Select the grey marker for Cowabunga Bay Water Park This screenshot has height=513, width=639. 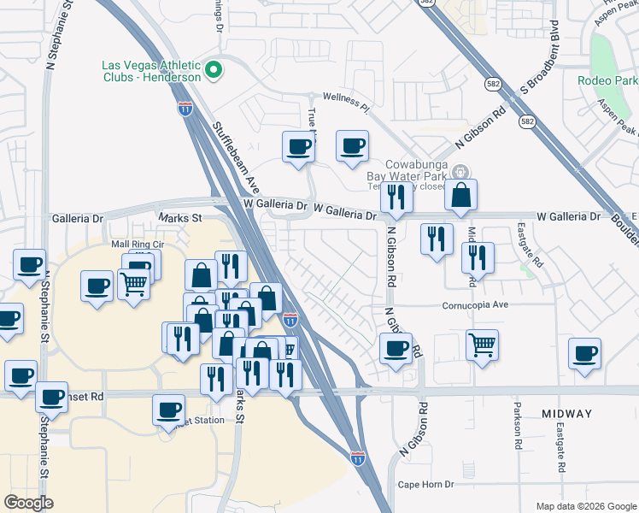(x=461, y=171)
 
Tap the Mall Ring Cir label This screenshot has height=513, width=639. (x=137, y=245)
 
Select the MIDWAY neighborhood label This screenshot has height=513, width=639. (x=566, y=414)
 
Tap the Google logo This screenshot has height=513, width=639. (x=28, y=503)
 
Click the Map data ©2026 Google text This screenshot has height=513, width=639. (x=585, y=505)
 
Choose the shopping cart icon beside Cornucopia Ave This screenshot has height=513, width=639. (x=483, y=345)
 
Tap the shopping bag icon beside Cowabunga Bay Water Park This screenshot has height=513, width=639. (x=460, y=195)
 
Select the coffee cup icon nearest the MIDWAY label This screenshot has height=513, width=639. (x=585, y=354)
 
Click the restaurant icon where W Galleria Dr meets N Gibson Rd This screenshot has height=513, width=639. (x=396, y=198)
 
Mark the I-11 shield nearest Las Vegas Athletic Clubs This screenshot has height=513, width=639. (x=185, y=108)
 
